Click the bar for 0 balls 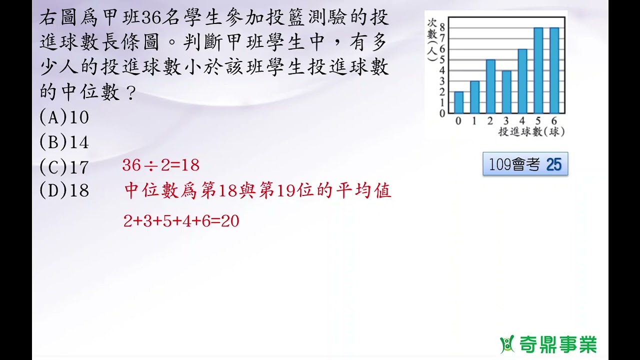pyautogui.click(x=458, y=102)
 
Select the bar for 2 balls pyautogui.click(x=490, y=86)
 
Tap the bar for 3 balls pyautogui.click(x=506, y=91)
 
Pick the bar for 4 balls pyautogui.click(x=522, y=81)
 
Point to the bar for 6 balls pyautogui.click(x=554, y=70)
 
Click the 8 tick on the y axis pyautogui.click(x=442, y=27)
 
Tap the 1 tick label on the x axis pyautogui.click(x=474, y=121)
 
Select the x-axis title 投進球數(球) pyautogui.click(x=531, y=132)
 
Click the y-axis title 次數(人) pyautogui.click(x=432, y=40)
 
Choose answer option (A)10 pyautogui.click(x=64, y=117)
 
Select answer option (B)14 pyautogui.click(x=64, y=143)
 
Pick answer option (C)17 pyautogui.click(x=64, y=167)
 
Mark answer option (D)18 pyautogui.click(x=64, y=190)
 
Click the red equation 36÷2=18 pyautogui.click(x=160, y=165)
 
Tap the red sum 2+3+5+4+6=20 pyautogui.click(x=181, y=221)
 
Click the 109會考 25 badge pyautogui.click(x=525, y=164)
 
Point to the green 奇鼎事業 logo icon pyautogui.click(x=507, y=344)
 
